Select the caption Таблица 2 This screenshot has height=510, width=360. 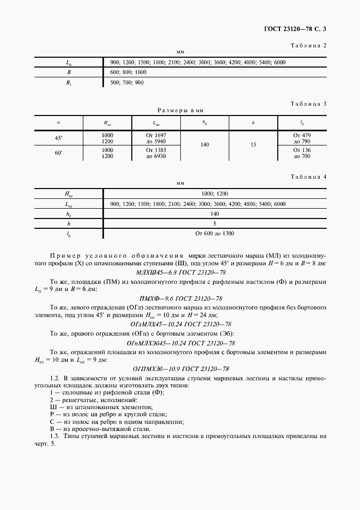tap(308, 45)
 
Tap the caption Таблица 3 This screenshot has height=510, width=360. tap(308, 104)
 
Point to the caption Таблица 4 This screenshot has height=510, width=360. tap(308, 177)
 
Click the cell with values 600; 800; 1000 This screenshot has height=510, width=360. tap(129, 72)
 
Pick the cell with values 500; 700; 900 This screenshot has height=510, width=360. tap(127, 82)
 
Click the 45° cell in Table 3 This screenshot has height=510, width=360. tap(58, 138)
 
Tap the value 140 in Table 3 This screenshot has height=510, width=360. tap(204, 145)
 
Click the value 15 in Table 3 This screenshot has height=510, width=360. tap(253, 145)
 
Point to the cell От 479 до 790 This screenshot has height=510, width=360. tap(301, 138)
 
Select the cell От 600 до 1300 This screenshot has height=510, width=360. tap(215, 234)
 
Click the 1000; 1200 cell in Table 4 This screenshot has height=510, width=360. tap(215, 194)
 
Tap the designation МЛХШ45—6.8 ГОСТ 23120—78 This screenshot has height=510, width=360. tap(180, 272)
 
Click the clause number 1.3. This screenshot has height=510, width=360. tap(54, 436)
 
